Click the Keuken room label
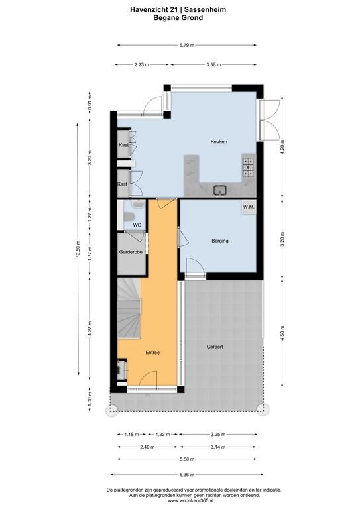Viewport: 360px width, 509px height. coord(219,142)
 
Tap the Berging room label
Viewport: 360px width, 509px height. coord(219,241)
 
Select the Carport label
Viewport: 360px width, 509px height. coord(215,347)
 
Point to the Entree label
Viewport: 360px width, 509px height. coord(152,352)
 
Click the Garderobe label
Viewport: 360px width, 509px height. coord(131,252)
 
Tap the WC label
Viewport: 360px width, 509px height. coord(137,225)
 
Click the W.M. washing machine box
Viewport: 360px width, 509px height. coord(249,207)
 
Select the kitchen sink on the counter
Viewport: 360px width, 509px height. coord(219,190)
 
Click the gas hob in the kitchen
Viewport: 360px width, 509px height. coord(249,167)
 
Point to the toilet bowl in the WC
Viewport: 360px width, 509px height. coord(129,217)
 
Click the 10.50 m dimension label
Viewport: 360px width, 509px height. coord(78,249)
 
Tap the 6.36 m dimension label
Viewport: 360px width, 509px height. coord(187,475)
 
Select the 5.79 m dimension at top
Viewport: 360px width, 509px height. coord(187,46)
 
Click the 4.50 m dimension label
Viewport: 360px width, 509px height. coord(282,333)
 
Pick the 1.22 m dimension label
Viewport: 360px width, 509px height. coord(162,434)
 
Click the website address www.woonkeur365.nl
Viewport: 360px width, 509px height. coord(194,501)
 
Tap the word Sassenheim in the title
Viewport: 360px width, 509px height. coord(210,10)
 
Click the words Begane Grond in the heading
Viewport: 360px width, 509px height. coord(178,17)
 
